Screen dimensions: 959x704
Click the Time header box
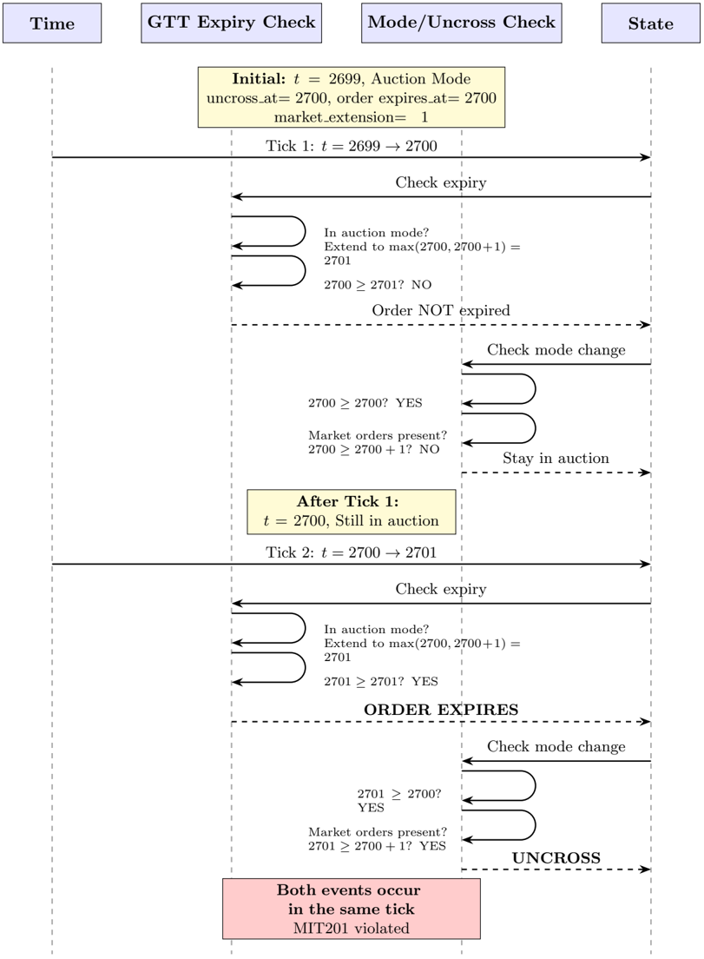pyautogui.click(x=52, y=23)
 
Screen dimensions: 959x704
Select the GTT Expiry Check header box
pyautogui.click(x=231, y=23)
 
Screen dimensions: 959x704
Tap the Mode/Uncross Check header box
pyautogui.click(x=461, y=23)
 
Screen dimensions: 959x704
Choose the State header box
pyautogui.click(x=650, y=23)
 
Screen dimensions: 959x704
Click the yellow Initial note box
pyautogui.click(x=352, y=97)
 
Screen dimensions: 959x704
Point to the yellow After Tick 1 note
pyautogui.click(x=351, y=512)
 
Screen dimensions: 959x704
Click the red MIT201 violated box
pyautogui.click(x=351, y=909)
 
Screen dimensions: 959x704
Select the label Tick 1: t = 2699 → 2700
pyautogui.click(x=351, y=146)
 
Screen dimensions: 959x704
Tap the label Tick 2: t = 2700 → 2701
pyautogui.click(x=351, y=552)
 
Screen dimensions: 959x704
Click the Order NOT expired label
pyautogui.click(x=441, y=311)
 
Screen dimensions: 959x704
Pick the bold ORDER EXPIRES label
pyautogui.click(x=441, y=710)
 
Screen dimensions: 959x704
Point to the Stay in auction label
pyautogui.click(x=556, y=459)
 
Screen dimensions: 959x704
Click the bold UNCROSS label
pyautogui.click(x=556, y=858)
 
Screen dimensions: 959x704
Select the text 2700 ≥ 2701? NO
pyautogui.click(x=378, y=285)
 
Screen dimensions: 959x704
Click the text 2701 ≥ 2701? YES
pyautogui.click(x=381, y=682)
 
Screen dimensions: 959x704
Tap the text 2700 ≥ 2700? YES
pyautogui.click(x=365, y=404)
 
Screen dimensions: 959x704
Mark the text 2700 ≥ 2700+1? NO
pyautogui.click(x=373, y=450)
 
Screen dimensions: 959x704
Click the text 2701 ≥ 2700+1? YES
pyautogui.click(x=377, y=846)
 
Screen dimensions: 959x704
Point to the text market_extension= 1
pyautogui.click(x=351, y=116)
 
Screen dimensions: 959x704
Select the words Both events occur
pyautogui.click(x=348, y=890)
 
